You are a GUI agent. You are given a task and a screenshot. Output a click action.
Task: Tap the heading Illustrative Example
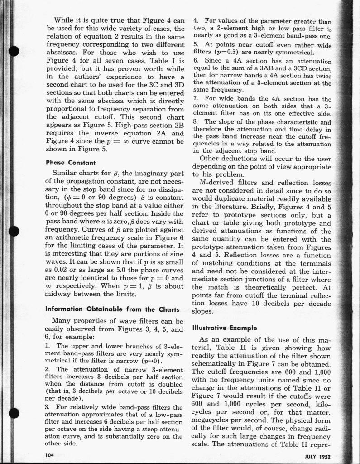225,327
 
